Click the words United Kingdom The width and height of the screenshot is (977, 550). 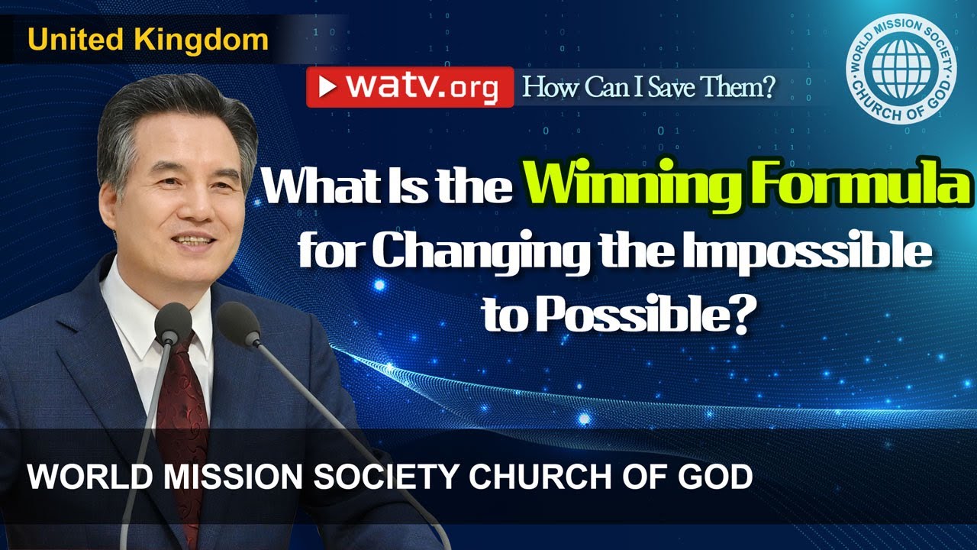point(148,40)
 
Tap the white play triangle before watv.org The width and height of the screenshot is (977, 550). point(328,87)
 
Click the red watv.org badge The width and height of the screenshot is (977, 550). point(410,87)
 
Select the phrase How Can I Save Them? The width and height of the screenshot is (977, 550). point(648,89)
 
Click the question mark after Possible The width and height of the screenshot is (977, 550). point(734,315)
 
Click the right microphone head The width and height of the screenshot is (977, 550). point(237,322)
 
